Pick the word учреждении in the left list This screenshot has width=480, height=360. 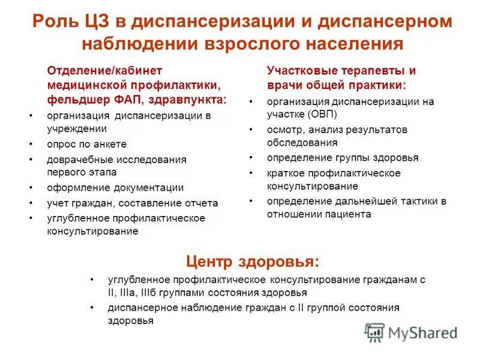(x=77, y=128)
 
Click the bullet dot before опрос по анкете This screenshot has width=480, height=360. (x=31, y=145)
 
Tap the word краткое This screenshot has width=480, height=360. (x=286, y=173)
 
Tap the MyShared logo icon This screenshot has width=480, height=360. (x=374, y=332)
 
